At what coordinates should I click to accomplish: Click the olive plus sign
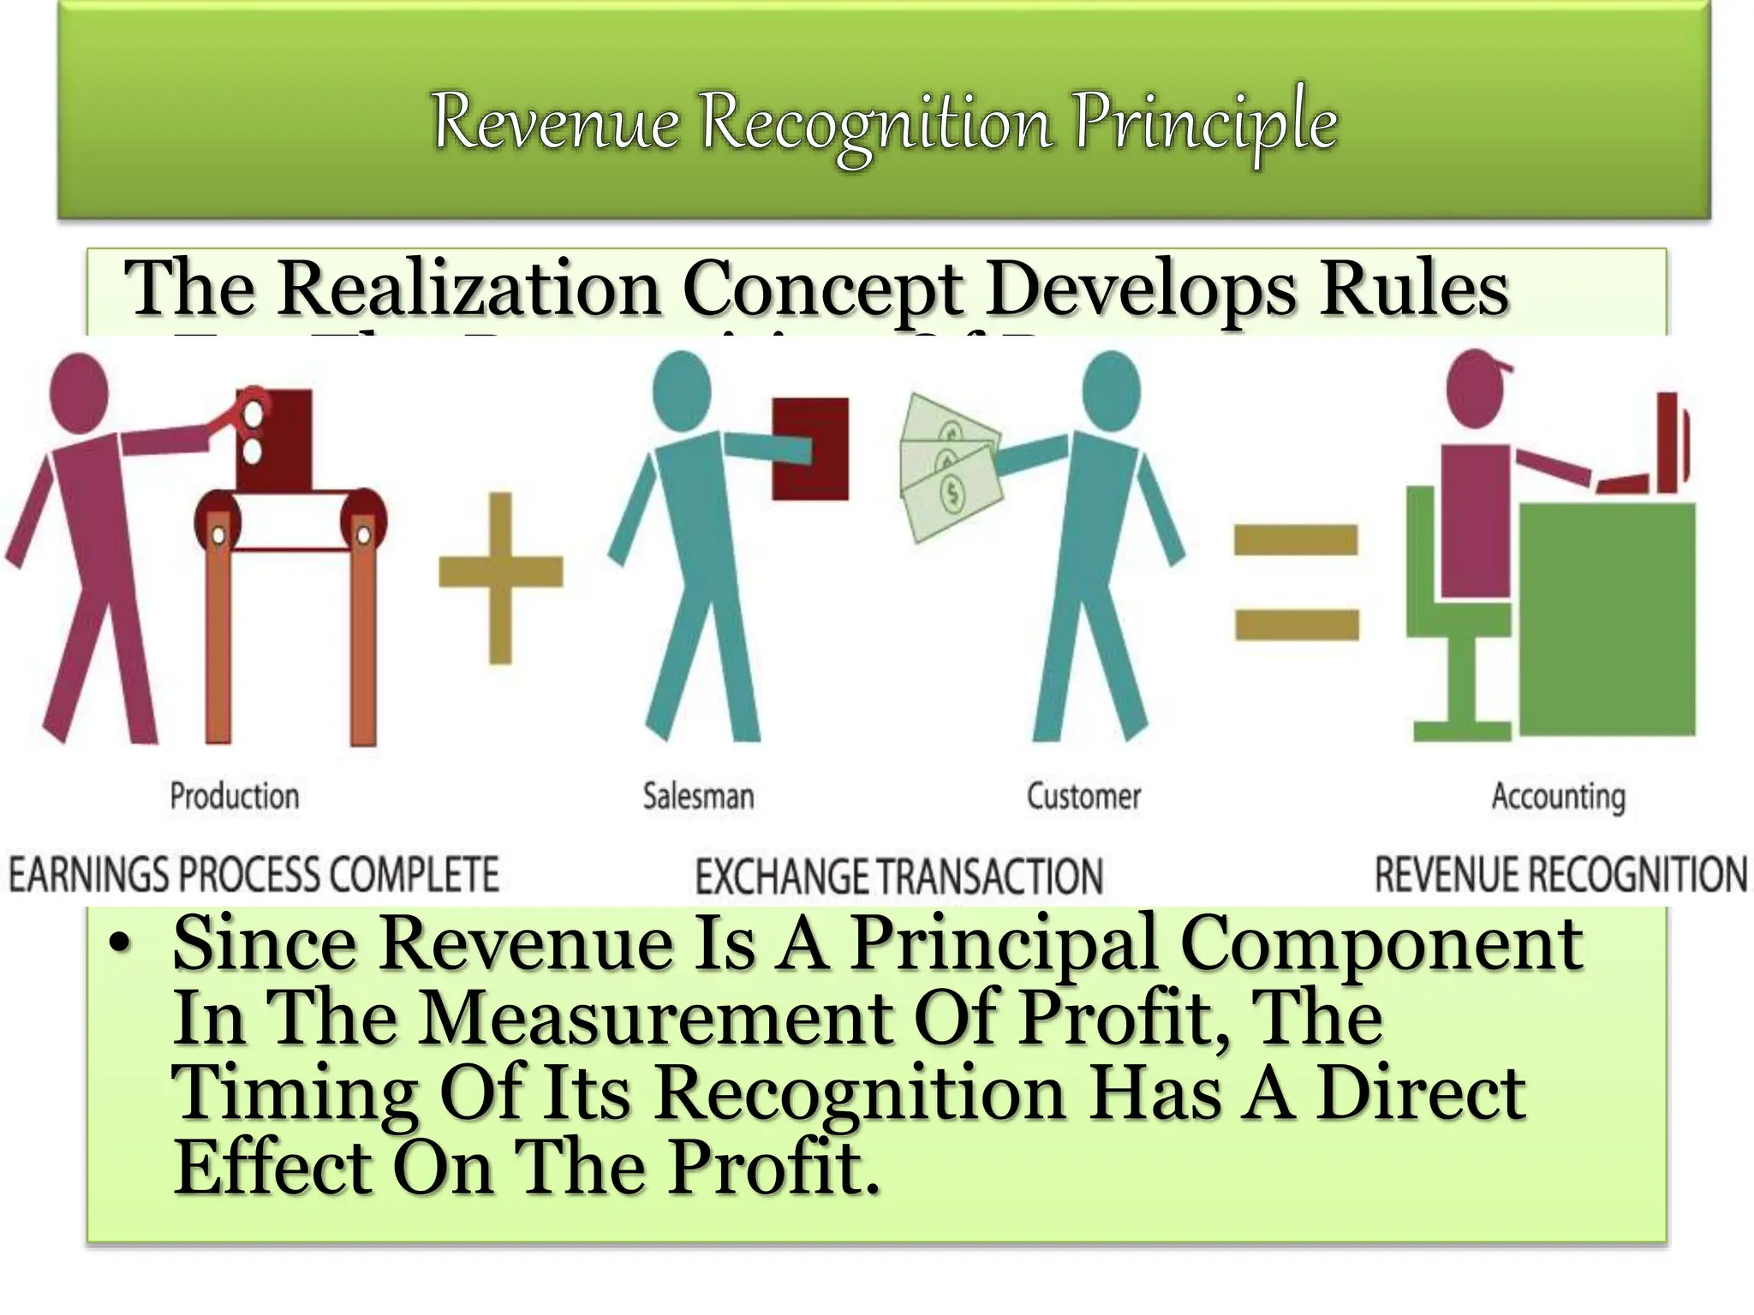(x=501, y=574)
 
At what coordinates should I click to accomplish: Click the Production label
(x=235, y=796)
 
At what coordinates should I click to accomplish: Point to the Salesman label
(x=699, y=796)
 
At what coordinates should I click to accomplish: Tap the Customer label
(x=1083, y=796)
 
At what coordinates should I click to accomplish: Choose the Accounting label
(x=1558, y=797)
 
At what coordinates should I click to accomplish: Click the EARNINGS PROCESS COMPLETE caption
(x=254, y=874)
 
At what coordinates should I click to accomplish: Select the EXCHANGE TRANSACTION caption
(x=898, y=877)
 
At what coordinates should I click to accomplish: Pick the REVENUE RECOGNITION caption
(x=1560, y=874)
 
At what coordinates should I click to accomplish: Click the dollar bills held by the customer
(x=949, y=466)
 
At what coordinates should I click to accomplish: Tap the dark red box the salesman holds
(x=810, y=448)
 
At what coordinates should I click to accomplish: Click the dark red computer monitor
(x=1671, y=441)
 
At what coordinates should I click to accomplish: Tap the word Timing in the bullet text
(x=294, y=1093)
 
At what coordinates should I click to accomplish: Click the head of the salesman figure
(x=682, y=387)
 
